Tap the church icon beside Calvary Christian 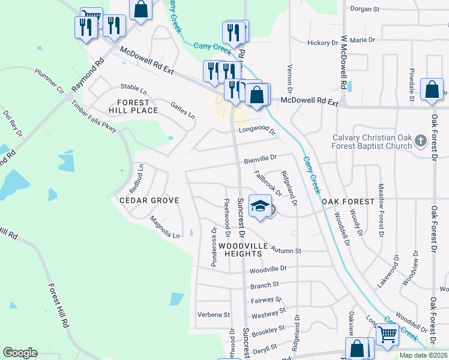pos(421,141)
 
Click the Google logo pos(20,353)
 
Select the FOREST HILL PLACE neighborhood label pos(133,106)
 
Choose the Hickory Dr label pos(322,43)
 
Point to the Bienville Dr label pos(260,160)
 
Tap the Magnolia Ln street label pos(164,227)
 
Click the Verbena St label pos(214,314)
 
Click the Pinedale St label pos(412,84)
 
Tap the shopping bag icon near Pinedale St pos(432,90)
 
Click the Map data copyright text pos(423,355)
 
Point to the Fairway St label pos(265,299)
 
